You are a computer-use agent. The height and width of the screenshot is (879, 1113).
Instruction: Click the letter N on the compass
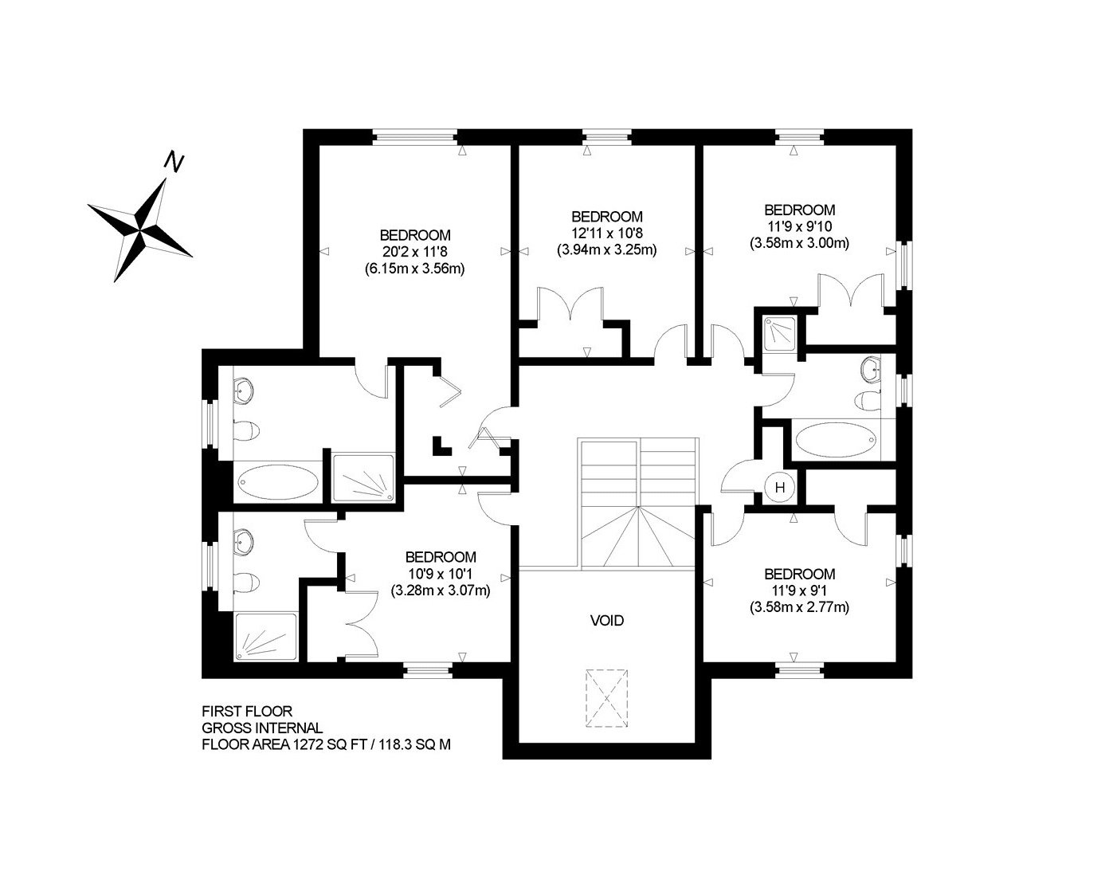point(174,162)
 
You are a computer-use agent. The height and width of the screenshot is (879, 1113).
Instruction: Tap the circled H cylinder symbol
point(780,487)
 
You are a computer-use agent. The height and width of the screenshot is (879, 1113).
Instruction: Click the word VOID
point(607,620)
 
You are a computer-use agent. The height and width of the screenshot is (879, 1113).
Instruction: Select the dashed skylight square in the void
point(606,698)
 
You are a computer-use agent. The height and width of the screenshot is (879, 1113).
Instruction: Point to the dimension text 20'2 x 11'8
point(414,252)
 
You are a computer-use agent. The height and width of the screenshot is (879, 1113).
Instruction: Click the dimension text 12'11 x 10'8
point(606,233)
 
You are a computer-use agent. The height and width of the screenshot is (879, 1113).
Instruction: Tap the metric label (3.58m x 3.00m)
point(799,243)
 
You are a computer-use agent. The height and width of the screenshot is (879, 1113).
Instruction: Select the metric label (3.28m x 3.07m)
point(441,591)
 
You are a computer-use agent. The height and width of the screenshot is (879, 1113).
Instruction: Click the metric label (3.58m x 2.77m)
point(799,607)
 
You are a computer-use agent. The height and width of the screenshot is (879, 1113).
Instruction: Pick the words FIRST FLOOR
point(247,712)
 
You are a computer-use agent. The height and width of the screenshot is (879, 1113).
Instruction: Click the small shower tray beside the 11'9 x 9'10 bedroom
point(780,333)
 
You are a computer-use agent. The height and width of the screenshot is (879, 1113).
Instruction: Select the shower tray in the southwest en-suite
point(266,637)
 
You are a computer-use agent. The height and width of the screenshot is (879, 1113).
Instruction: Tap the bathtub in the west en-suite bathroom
point(278,481)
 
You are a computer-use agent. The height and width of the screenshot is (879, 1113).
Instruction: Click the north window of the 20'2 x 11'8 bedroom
point(414,137)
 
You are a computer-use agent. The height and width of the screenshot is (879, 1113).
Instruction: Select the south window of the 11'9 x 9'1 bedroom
point(801,671)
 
